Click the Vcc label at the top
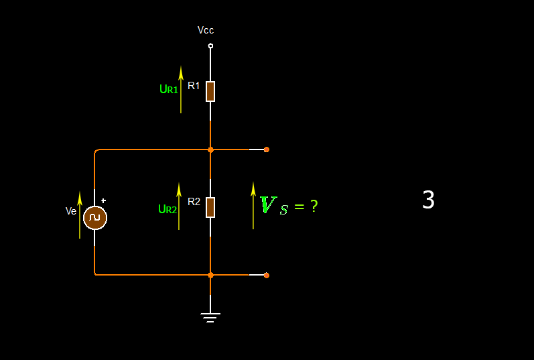[x=206, y=30]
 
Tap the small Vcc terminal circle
[x=210, y=46]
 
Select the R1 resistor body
[x=210, y=91]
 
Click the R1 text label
[x=194, y=86]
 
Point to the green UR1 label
[x=169, y=89]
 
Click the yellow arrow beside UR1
[x=181, y=89]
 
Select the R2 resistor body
[x=210, y=207]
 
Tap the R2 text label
[x=194, y=201]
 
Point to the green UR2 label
[x=168, y=209]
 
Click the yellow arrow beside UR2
[x=179, y=206]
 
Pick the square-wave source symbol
[x=95, y=218]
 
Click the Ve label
[x=71, y=211]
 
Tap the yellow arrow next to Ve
[x=80, y=215]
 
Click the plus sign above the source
[x=103, y=200]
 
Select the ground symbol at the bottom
[x=210, y=316]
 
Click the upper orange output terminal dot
[x=267, y=149]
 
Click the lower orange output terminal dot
[x=267, y=275]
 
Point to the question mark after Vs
[x=314, y=206]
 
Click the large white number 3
[x=428, y=200]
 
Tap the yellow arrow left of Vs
[x=253, y=205]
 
